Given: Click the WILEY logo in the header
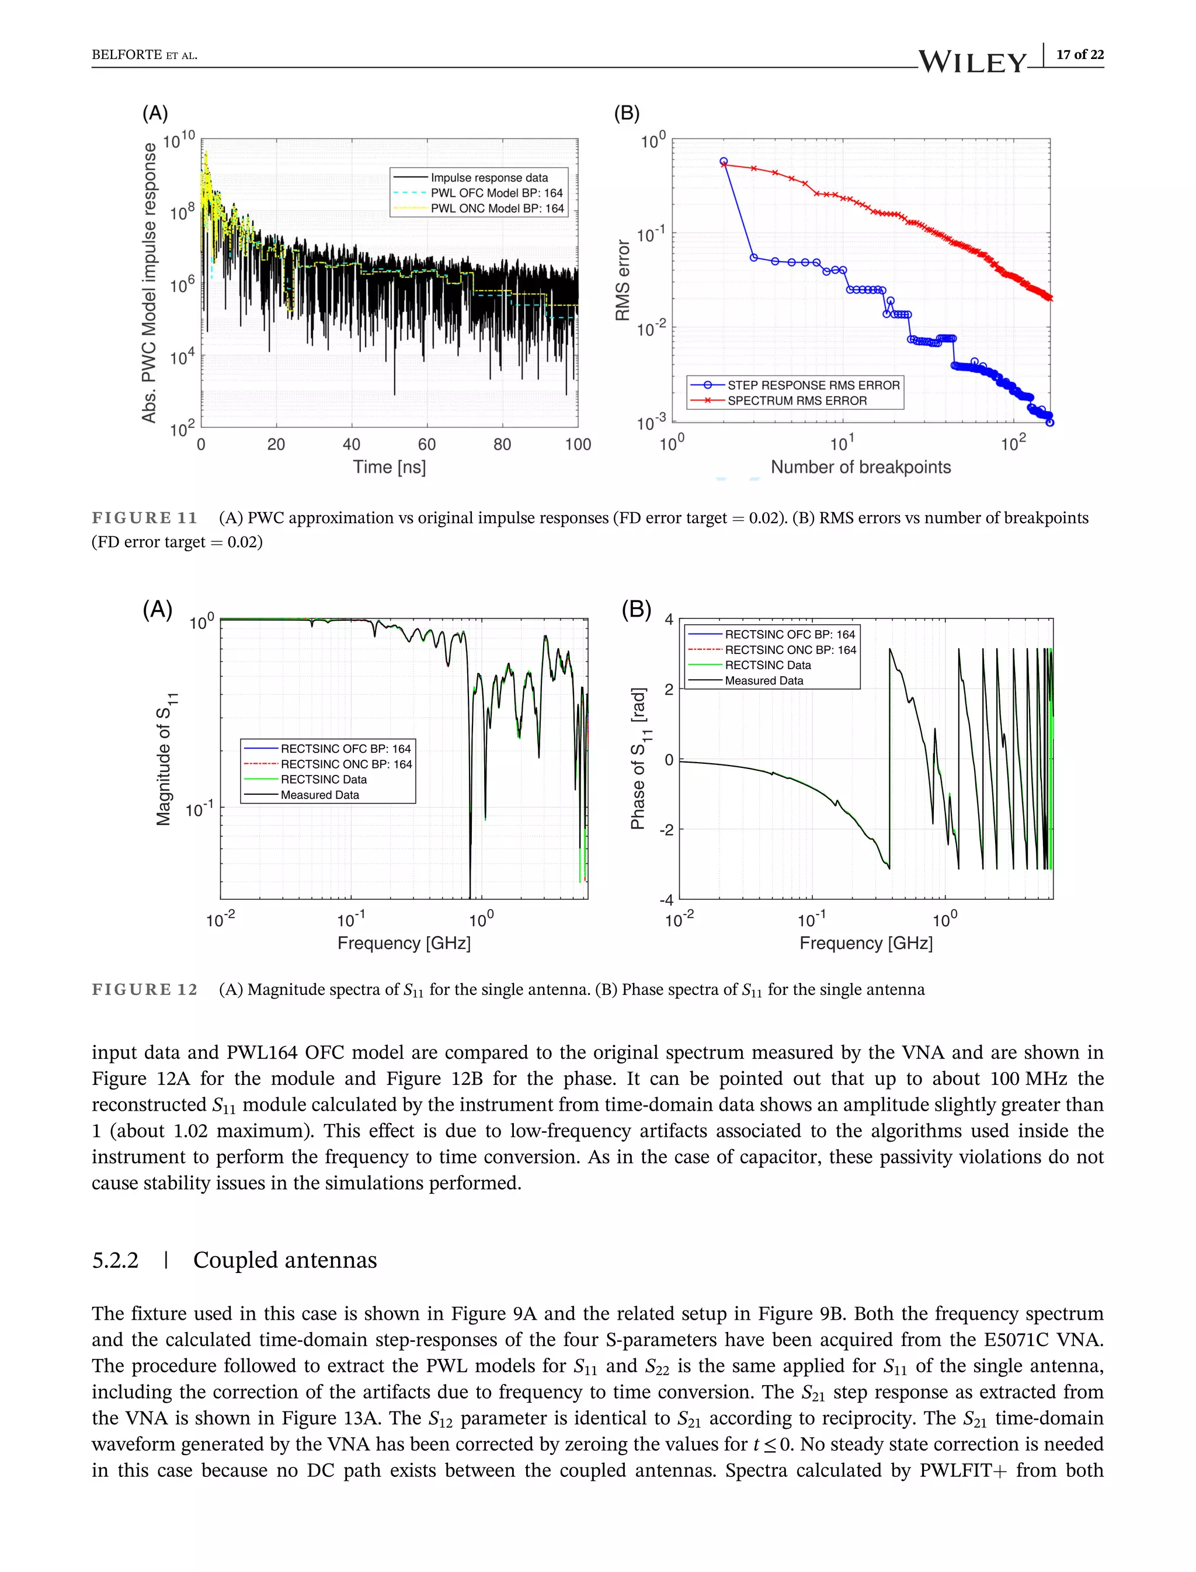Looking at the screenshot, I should pyautogui.click(x=972, y=62).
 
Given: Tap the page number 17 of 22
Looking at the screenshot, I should pyautogui.click(x=1079, y=55).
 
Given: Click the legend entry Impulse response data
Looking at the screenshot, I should pyautogui.click(x=489, y=178).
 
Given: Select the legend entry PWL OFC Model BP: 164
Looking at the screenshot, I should pyautogui.click(x=496, y=193).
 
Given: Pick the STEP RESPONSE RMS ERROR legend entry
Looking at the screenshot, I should pyautogui.click(x=813, y=385).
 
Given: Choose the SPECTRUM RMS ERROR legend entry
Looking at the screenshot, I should pyautogui.click(x=797, y=401).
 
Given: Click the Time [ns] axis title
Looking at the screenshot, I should pyautogui.click(x=390, y=467).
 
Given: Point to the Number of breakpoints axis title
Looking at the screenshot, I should pyautogui.click(x=860, y=467).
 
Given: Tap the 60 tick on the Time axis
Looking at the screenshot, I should pyautogui.click(x=426, y=445).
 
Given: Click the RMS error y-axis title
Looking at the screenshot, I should pyautogui.click(x=623, y=280).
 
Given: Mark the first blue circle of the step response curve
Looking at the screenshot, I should pyautogui.click(x=724, y=162).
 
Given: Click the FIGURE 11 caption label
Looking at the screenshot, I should pyautogui.click(x=144, y=517).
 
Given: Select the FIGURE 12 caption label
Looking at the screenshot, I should pyautogui.click(x=144, y=990).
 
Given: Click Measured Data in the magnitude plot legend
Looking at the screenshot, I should pyautogui.click(x=319, y=795).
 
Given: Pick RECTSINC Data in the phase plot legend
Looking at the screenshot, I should pyautogui.click(x=767, y=665).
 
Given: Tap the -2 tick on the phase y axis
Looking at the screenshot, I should pyautogui.click(x=666, y=830).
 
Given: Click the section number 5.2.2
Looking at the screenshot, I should pyautogui.click(x=115, y=1260).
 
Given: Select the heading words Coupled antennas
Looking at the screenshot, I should pyautogui.click(x=285, y=1260).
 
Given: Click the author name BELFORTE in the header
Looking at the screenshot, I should pyautogui.click(x=127, y=55).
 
